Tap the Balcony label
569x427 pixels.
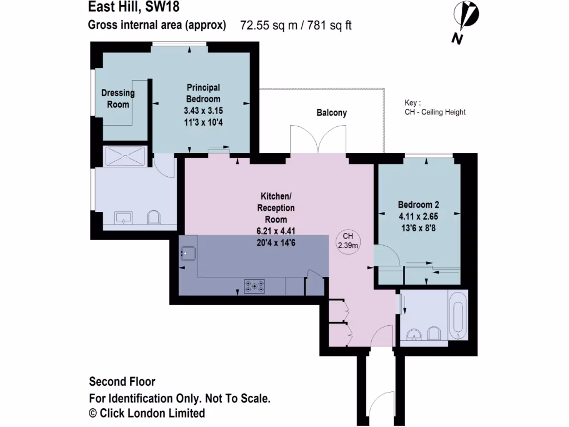coord(332,113)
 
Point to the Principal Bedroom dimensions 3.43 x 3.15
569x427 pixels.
coord(203,111)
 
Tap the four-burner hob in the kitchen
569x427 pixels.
coord(254,286)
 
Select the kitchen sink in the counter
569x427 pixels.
coord(187,254)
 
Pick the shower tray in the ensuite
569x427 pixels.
coord(125,156)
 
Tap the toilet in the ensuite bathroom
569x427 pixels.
coord(154,217)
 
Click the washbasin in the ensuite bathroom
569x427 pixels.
coord(123,217)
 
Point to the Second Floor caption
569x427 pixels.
coord(122,382)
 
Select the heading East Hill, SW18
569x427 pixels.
coord(134,8)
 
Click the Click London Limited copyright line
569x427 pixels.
coord(147,413)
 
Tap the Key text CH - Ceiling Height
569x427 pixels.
coord(435,112)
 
